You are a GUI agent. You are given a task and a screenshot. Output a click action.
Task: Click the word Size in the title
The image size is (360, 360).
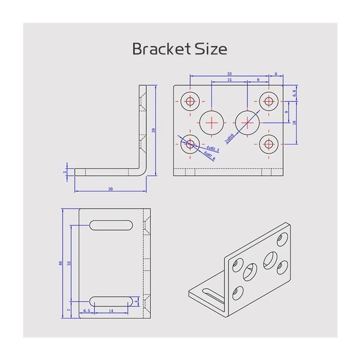point(211,49)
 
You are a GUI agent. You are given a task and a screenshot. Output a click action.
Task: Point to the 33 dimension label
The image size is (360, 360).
point(229,73)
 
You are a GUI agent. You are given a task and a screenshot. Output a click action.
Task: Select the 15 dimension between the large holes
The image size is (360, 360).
point(229,80)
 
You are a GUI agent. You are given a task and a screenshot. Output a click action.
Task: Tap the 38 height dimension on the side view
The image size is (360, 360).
point(153,130)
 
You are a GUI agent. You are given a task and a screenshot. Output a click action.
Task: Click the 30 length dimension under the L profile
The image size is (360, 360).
point(110,189)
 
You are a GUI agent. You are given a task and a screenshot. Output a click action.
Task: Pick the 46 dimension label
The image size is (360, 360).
point(60,263)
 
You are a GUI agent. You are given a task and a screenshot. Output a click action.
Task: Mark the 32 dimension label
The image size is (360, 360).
point(68,263)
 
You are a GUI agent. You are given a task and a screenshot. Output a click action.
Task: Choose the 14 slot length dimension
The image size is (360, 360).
point(111,311)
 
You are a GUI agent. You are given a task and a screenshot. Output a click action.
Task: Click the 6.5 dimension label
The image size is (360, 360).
point(86,311)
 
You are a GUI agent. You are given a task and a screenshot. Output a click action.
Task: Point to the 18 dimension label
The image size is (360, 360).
point(294,122)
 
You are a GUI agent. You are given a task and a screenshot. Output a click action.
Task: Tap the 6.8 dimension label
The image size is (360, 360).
point(294,93)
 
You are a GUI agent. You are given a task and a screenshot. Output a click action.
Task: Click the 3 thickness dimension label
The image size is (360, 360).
point(65,172)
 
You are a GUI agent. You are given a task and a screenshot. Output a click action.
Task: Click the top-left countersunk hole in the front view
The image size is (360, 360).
point(190,101)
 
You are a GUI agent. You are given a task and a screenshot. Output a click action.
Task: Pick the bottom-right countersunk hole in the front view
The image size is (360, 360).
point(269,144)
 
